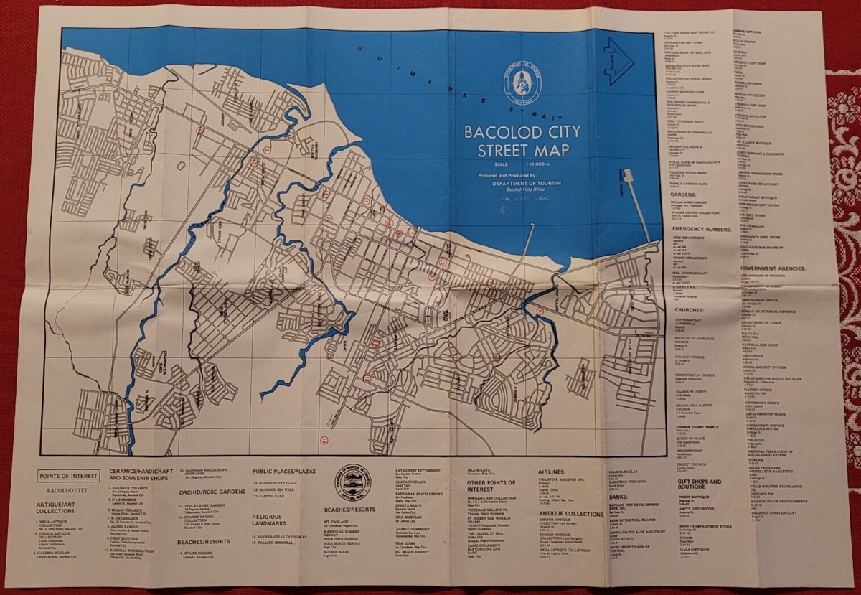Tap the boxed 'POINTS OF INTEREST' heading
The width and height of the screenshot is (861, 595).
point(69,476)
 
